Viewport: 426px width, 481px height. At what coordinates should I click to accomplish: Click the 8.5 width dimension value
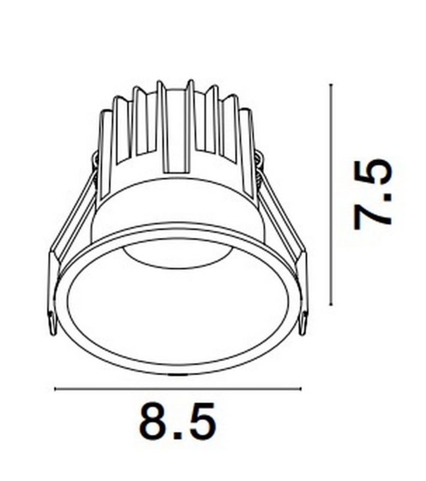pyautogui.click(x=177, y=421)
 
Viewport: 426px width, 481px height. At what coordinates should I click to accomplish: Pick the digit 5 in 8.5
pyautogui.click(x=201, y=421)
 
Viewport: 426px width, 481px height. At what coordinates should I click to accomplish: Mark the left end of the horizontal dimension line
pyautogui.click(x=55, y=389)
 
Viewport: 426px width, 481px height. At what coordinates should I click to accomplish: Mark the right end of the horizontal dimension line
pyautogui.click(x=300, y=389)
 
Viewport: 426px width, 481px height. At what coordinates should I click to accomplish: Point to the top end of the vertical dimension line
pyautogui.click(x=331, y=85)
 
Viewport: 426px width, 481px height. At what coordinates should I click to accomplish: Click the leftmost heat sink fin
pyautogui.click(x=106, y=144)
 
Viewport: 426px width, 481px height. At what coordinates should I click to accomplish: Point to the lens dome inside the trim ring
pyautogui.click(x=178, y=259)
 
